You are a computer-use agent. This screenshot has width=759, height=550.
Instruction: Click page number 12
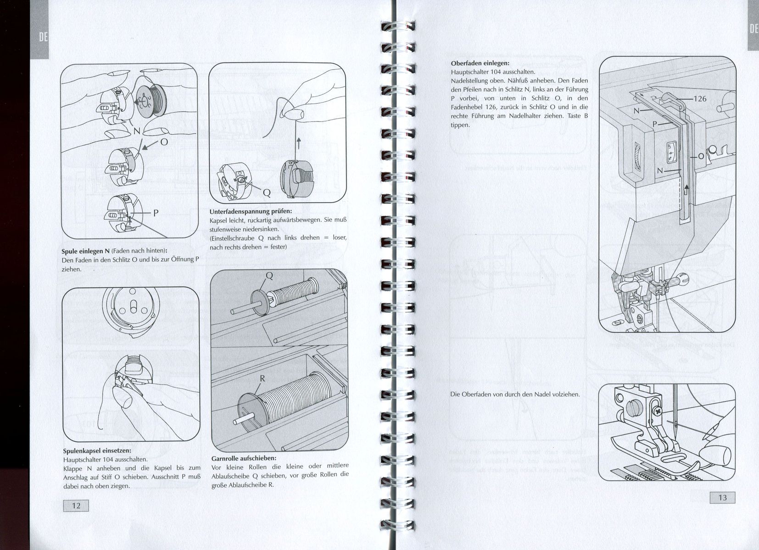(x=76, y=506)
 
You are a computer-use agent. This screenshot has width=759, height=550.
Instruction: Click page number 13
(x=722, y=498)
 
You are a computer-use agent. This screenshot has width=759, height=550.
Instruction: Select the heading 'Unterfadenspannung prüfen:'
(x=251, y=212)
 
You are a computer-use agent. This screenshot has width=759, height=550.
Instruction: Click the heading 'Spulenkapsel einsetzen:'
(x=97, y=451)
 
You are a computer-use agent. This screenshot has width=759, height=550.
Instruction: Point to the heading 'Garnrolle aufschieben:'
(x=244, y=459)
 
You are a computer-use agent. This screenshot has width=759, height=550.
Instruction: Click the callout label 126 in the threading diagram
(x=700, y=99)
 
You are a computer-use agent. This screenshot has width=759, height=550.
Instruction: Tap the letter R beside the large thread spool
(x=262, y=379)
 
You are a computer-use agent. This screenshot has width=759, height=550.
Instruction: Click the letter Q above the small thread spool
(x=269, y=276)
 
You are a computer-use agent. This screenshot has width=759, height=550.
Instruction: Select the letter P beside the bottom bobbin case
(x=156, y=213)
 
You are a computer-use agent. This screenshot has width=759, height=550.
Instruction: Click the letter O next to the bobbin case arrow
(x=164, y=142)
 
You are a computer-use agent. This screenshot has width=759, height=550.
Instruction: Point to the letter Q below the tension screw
(x=267, y=193)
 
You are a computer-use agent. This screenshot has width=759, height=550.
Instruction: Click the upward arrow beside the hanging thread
(x=299, y=143)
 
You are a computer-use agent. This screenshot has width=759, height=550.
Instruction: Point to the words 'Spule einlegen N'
(x=86, y=252)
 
